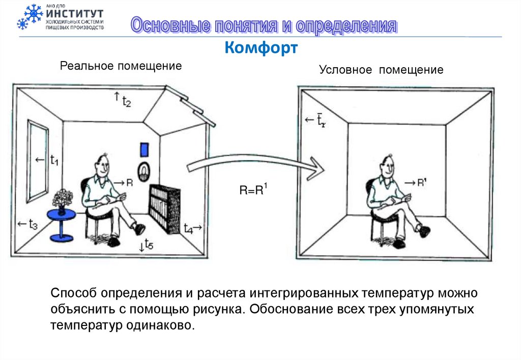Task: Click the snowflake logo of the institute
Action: [30, 17]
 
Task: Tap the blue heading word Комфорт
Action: [261, 49]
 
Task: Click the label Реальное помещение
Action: [121, 66]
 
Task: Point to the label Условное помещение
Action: [381, 70]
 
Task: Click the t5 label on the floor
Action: [149, 245]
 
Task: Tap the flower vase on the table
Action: [62, 200]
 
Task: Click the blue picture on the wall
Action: [144, 149]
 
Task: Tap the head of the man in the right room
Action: [388, 164]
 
